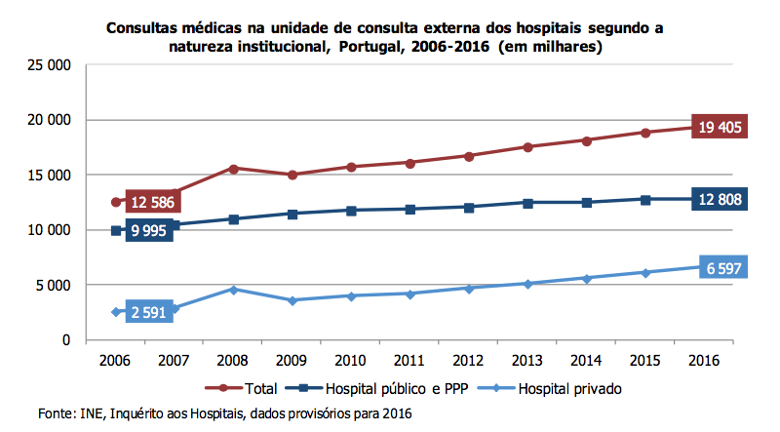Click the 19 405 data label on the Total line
720,126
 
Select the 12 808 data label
720,200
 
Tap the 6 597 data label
720,267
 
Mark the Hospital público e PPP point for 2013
528,203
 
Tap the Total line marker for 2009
292,175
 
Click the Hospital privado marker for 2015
645,272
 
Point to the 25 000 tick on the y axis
49,65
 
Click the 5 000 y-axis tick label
54,285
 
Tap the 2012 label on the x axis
468,360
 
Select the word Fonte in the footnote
56,413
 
